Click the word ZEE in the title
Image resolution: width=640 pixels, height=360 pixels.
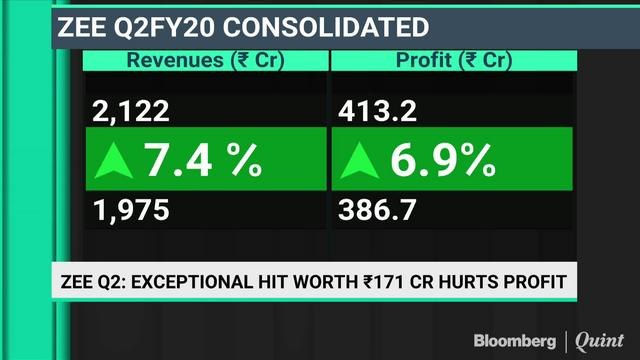point(78,25)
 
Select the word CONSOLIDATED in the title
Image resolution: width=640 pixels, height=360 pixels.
point(324,25)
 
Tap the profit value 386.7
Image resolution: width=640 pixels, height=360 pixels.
point(376,211)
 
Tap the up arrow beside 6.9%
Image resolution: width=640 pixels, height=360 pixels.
point(362,160)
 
